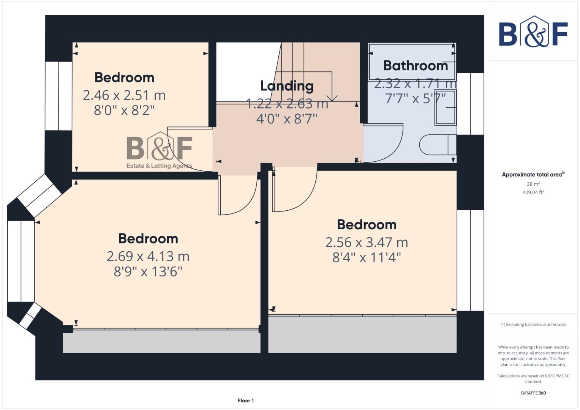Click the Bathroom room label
(x=416, y=66)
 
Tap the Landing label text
(x=287, y=86)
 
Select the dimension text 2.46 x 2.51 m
(x=124, y=95)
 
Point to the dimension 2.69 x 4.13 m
(x=148, y=256)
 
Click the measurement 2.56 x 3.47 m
(x=367, y=242)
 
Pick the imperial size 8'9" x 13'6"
(x=148, y=272)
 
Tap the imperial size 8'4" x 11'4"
(x=367, y=258)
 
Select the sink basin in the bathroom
(x=445, y=107)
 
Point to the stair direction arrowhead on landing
(x=332, y=99)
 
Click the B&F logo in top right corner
(x=533, y=32)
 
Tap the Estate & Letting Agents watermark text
(x=159, y=166)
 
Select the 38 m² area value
(x=533, y=184)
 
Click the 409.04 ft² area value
(x=533, y=192)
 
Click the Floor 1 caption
(x=245, y=401)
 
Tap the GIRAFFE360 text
(x=533, y=393)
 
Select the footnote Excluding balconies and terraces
(x=533, y=325)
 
